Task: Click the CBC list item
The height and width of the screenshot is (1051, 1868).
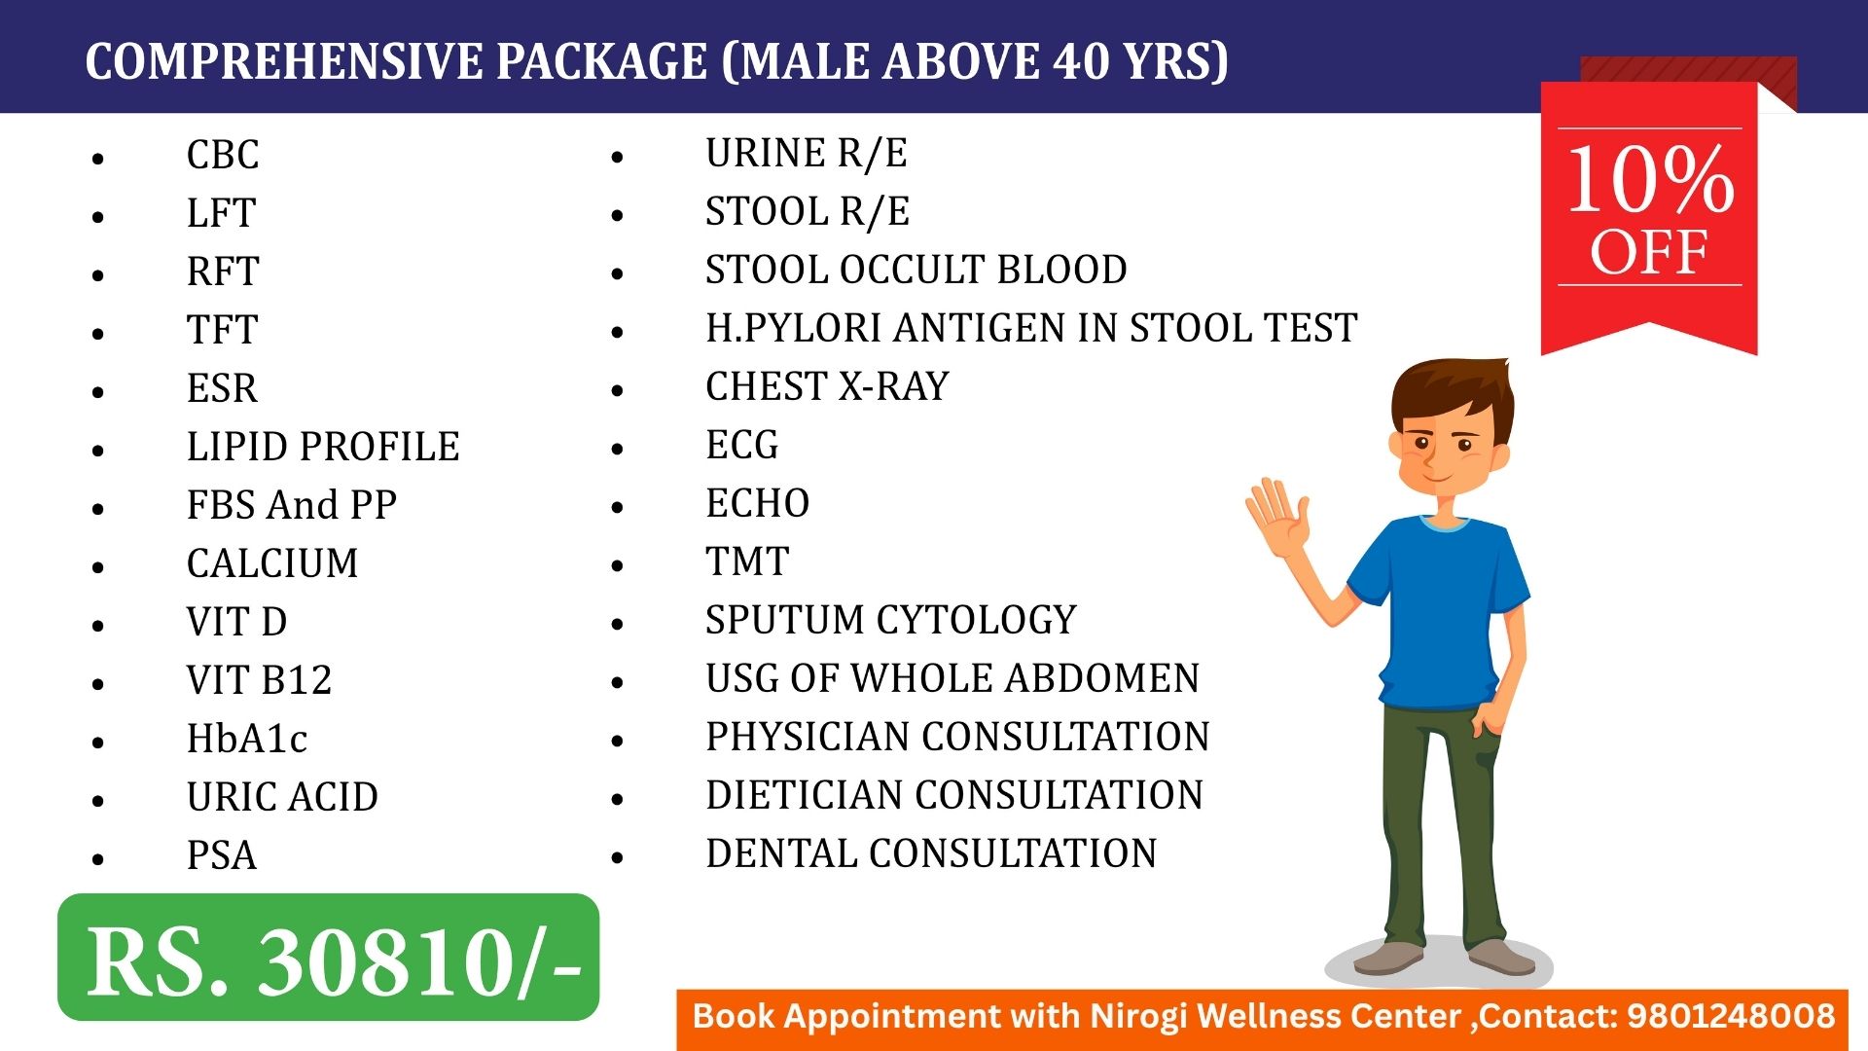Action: [x=223, y=155]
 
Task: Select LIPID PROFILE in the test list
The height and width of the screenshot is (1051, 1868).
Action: [x=323, y=447]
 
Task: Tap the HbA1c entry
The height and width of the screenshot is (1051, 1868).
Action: [x=247, y=739]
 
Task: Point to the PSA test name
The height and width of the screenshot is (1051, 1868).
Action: [x=222, y=855]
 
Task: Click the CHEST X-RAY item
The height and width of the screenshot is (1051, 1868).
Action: [x=827, y=386]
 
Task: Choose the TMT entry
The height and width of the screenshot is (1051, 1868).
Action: [x=747, y=562]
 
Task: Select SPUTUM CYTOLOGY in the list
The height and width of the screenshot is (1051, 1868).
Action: [x=891, y=620]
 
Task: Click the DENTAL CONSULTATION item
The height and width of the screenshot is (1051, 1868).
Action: [x=931, y=853]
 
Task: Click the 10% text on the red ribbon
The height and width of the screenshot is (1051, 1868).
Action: [x=1651, y=179]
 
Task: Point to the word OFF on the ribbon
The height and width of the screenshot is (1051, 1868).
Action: [x=1649, y=253]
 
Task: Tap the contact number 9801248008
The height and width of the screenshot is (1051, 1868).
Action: [x=1731, y=1016]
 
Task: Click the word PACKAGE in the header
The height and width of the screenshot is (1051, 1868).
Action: [x=601, y=61]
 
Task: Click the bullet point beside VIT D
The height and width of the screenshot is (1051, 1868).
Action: [x=98, y=625]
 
